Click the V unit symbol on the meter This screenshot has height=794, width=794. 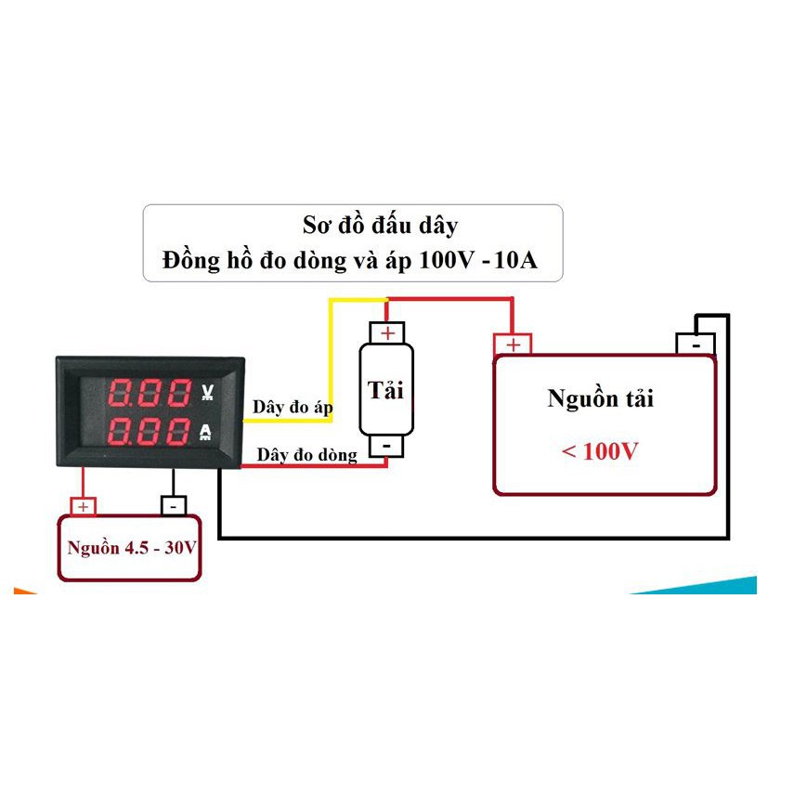coord(207,392)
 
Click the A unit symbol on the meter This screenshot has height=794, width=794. coord(205,432)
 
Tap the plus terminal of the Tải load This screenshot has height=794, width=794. coord(387,333)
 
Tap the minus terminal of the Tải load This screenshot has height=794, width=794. coord(386,446)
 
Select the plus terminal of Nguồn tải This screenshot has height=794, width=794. coord(513,345)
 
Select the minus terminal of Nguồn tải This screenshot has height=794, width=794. coord(696,345)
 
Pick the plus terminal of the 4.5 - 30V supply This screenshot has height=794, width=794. coord(83,506)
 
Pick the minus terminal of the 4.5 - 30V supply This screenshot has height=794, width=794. coord(174,506)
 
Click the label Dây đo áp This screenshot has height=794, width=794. coord(293,408)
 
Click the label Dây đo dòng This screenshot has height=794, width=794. coord(306,455)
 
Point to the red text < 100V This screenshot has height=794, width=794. coord(600,450)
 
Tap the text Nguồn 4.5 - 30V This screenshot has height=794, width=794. coord(132,548)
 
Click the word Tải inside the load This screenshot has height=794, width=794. coord(385,390)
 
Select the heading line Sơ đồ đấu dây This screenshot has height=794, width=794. coord(381,226)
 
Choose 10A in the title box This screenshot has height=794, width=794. coord(515,260)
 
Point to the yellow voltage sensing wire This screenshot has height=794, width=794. coord(331,355)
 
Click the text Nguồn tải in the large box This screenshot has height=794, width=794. coord(600,398)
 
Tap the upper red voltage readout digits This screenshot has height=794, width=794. coord(150,393)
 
